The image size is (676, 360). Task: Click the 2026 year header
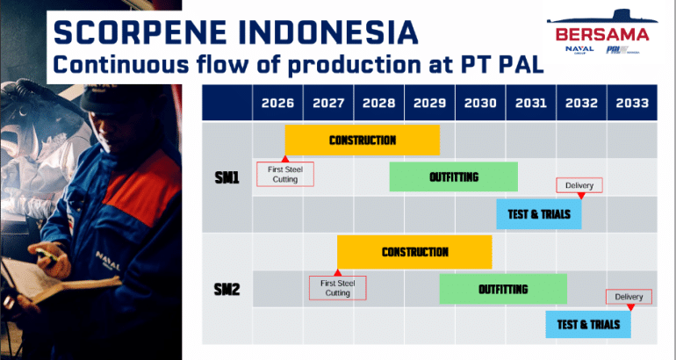coord(277,103)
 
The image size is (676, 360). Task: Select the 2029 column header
coord(429,103)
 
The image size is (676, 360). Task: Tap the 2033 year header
coord(632,103)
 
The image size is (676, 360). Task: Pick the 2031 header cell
coord(531,103)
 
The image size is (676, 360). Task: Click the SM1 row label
coord(227,177)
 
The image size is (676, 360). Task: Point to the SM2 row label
coord(227,290)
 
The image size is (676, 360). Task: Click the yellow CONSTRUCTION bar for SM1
coord(363,140)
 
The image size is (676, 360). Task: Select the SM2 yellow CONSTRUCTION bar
coord(414,252)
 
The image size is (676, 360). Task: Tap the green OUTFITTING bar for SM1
coord(454,176)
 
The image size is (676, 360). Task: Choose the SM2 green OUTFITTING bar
coord(503,289)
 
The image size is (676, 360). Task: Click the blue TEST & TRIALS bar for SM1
coord(539,214)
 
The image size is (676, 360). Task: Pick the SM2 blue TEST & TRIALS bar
coord(588,324)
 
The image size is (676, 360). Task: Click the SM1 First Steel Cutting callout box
coord(285,174)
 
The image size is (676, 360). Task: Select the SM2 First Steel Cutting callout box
coord(338,288)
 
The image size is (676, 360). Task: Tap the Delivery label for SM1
coord(579,185)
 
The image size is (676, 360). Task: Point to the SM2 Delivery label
coord(629,297)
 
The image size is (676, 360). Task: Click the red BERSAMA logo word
coord(602,34)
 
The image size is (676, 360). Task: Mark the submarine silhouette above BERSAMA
coord(602,17)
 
